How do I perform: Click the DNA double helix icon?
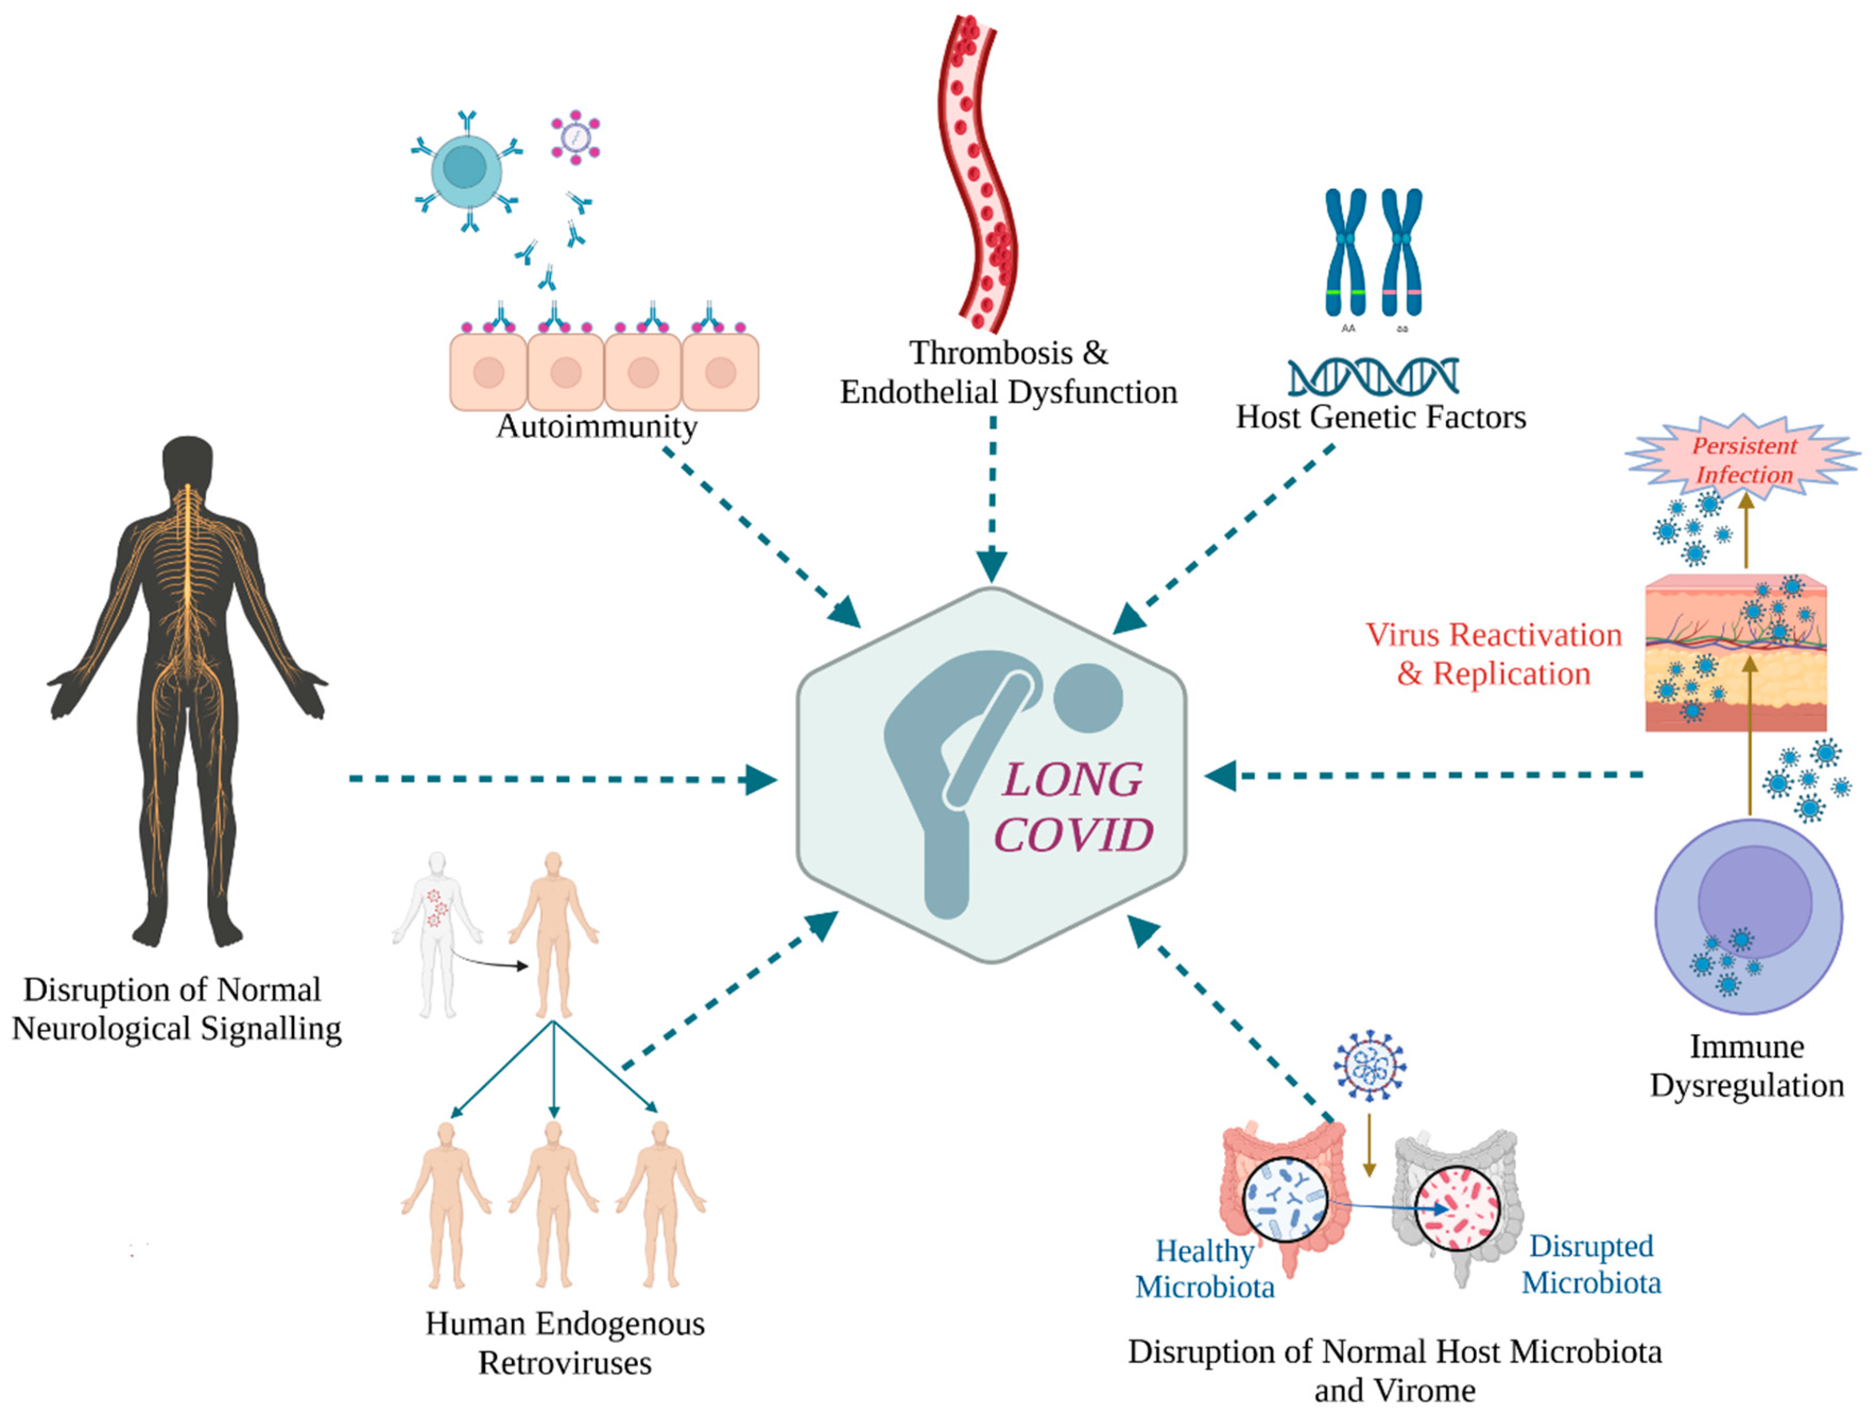[x=1372, y=377]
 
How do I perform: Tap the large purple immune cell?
[x=1748, y=916]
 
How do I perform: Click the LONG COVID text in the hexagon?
[x=1073, y=807]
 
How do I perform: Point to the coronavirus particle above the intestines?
[x=1370, y=1066]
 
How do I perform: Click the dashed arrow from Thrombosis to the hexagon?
[x=991, y=500]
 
